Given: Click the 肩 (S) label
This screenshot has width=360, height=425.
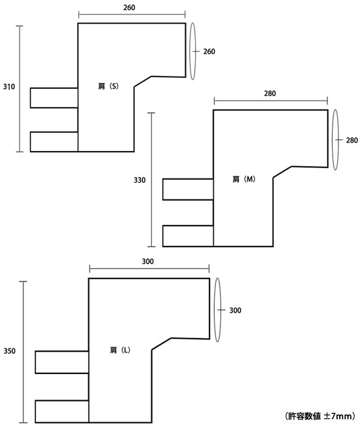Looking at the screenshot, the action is tap(108, 86).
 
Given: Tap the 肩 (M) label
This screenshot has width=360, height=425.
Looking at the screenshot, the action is tap(243, 179).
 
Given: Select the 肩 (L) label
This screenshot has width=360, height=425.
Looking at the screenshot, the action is tap(120, 350).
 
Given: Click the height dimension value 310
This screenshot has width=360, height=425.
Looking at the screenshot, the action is tap(9, 87).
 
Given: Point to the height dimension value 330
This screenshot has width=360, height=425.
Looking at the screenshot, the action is tap(139, 180).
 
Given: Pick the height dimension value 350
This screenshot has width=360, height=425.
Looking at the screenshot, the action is tap(10, 351).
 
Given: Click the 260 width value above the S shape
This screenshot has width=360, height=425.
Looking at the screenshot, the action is tap(129, 8).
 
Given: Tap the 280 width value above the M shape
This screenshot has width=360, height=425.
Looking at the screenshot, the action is tap(270, 93).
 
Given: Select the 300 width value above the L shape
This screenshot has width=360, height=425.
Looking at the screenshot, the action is tap(148, 262).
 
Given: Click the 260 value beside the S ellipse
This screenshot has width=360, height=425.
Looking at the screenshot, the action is tap(209, 52).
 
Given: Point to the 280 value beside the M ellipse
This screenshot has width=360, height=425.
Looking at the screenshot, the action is tap(352, 140).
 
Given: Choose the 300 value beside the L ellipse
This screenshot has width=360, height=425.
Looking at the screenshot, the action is tap(235, 311).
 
